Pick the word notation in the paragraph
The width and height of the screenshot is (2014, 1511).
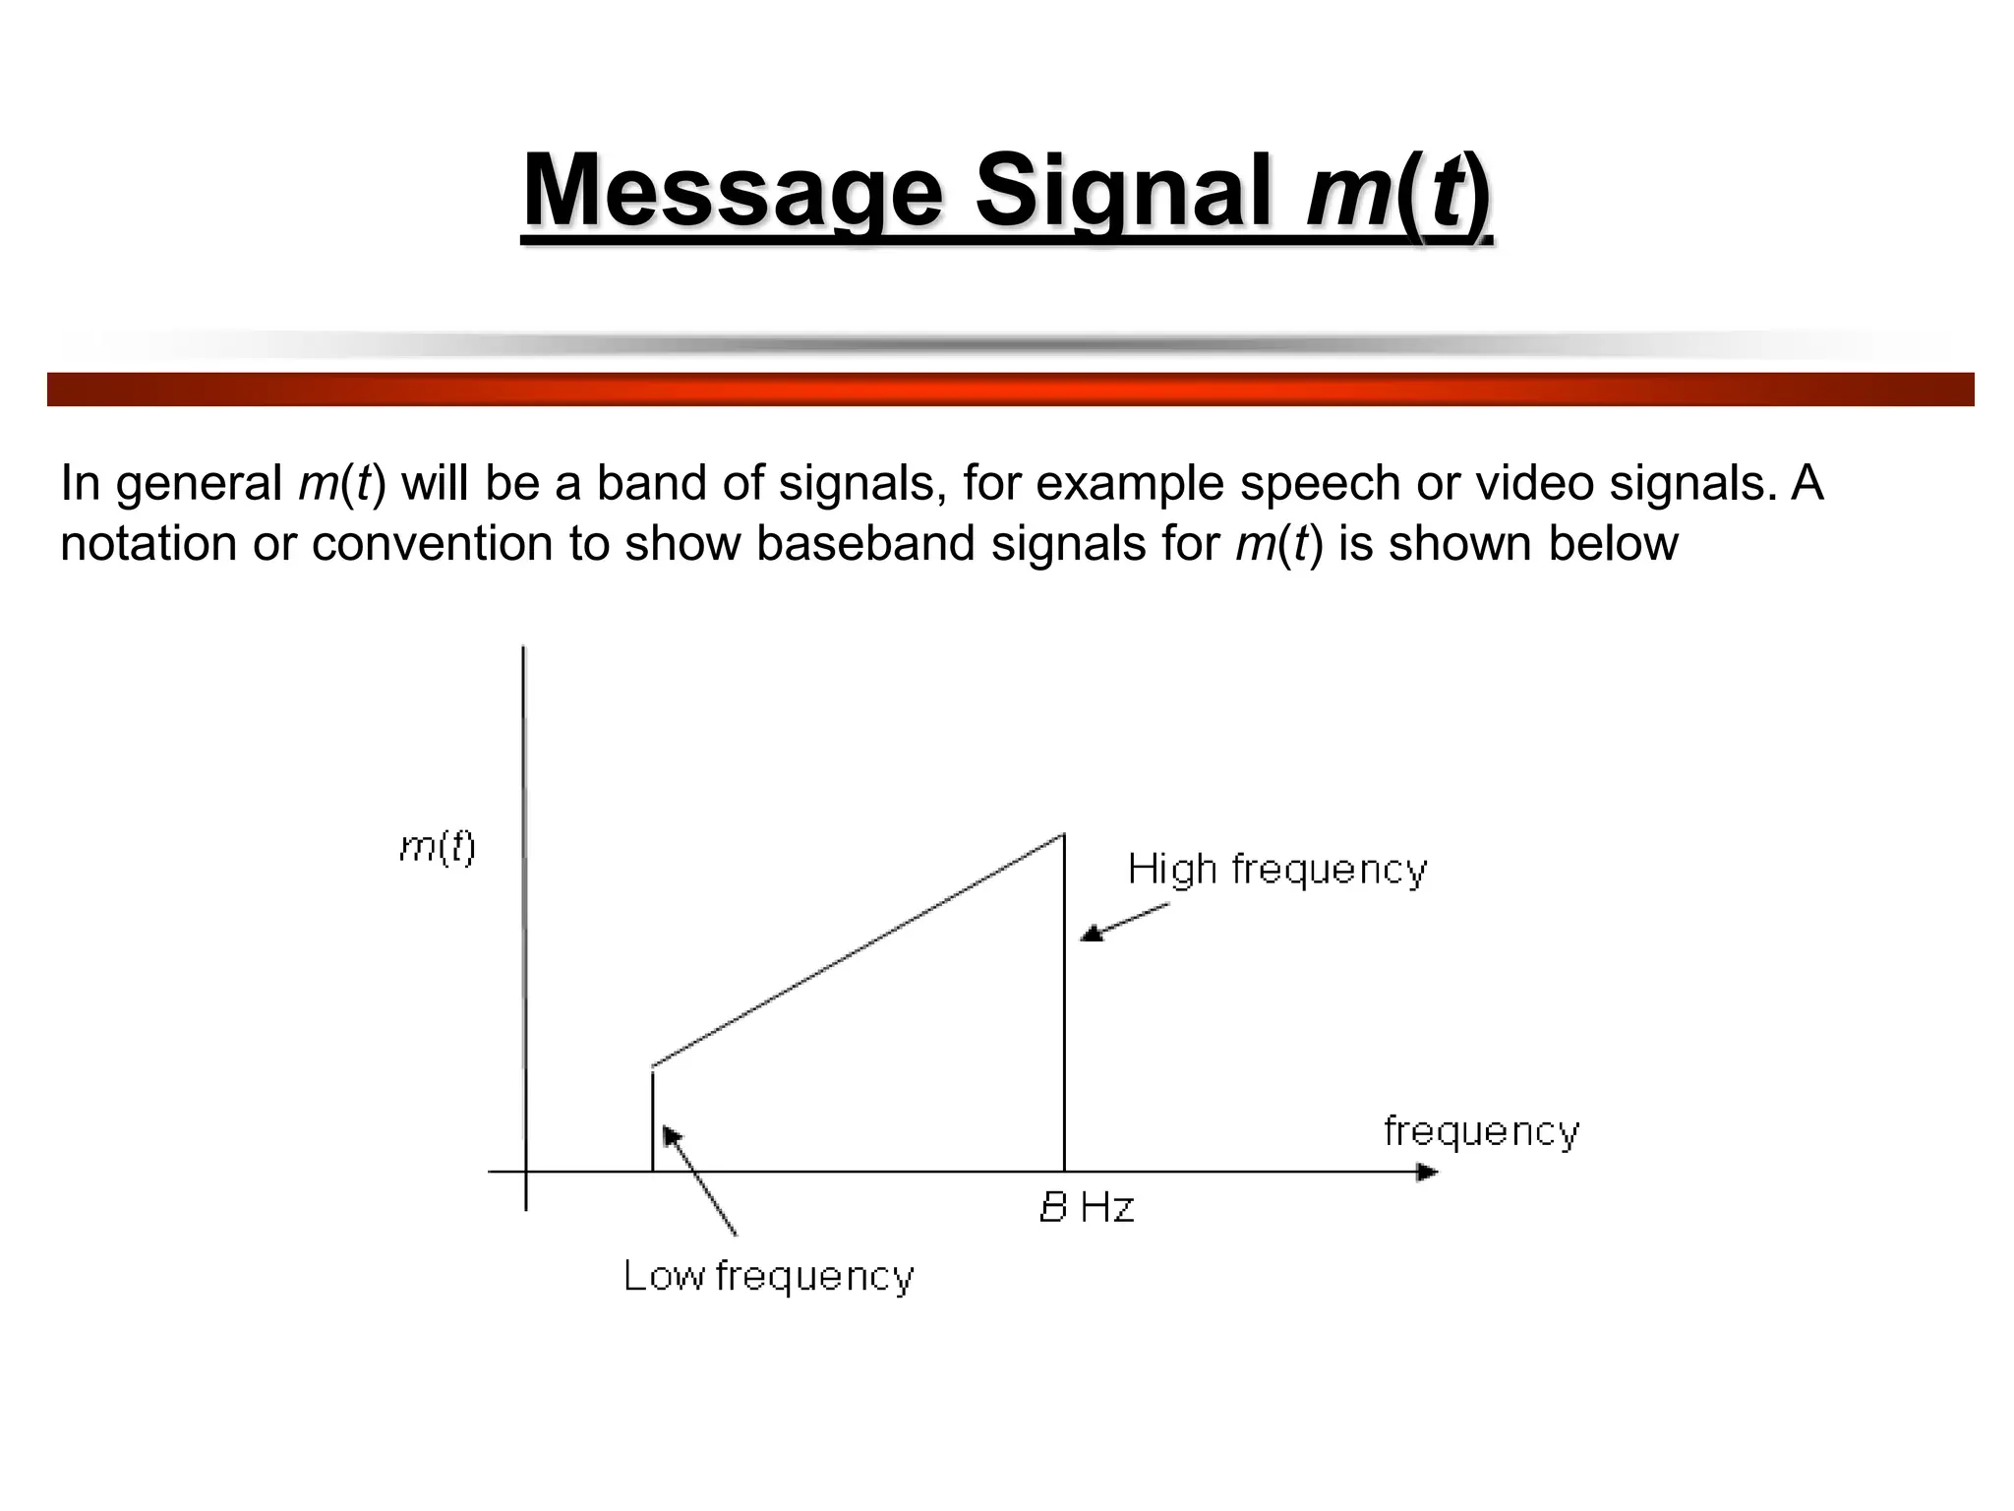click(x=148, y=544)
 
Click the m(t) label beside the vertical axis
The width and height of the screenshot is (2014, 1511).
click(x=438, y=847)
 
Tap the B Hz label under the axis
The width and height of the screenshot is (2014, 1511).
click(x=1087, y=1208)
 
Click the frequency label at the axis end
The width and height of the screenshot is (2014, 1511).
click(x=1481, y=1131)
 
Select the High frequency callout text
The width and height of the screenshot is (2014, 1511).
click(x=1276, y=871)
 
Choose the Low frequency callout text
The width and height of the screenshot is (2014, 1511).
click(x=768, y=1277)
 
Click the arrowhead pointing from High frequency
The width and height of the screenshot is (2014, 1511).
click(x=1090, y=936)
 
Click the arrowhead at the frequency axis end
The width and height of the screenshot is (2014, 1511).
click(x=1427, y=1172)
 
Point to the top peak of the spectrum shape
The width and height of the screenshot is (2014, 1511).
click(x=1063, y=836)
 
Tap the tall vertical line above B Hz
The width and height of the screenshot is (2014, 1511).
click(x=1064, y=1003)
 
